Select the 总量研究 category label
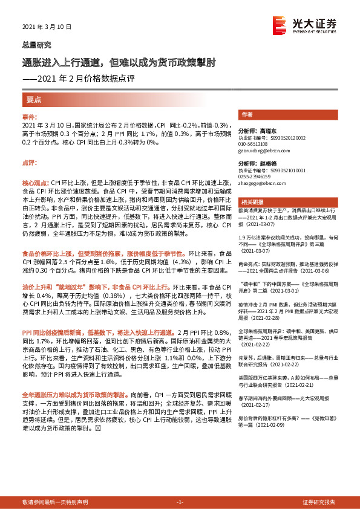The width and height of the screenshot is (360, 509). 37,45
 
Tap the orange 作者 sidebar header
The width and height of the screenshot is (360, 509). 247,114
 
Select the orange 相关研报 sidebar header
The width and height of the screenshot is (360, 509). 251,202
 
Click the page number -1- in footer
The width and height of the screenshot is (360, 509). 179,502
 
